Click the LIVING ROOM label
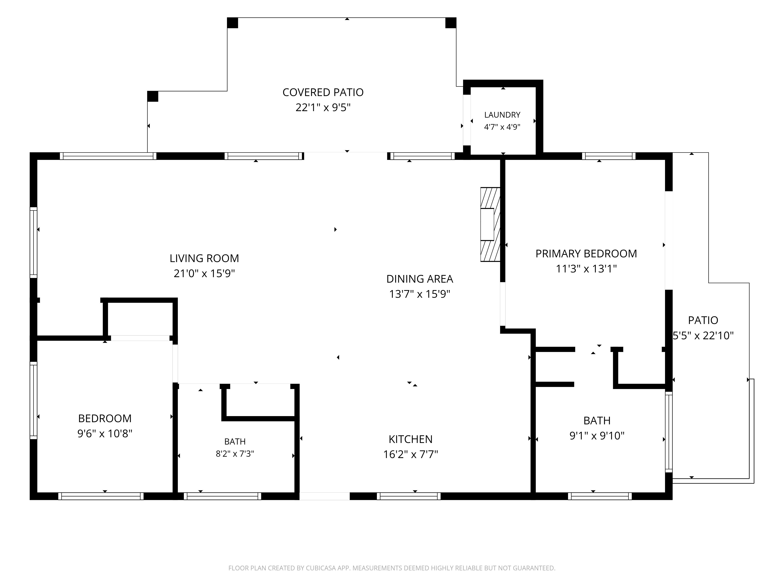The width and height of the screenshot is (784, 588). (204, 258)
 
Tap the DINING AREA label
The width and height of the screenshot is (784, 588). (420, 279)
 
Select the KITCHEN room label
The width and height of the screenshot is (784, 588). (410, 439)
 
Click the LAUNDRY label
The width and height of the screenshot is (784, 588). (502, 115)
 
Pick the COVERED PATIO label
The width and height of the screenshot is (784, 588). (323, 92)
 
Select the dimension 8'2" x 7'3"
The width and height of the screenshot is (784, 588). (235, 454)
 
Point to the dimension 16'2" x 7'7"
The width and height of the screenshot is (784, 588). (410, 454)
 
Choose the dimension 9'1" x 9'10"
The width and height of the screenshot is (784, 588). (597, 436)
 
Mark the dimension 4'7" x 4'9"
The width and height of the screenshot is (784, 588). (502, 127)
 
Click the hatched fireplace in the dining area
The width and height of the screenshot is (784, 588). (490, 224)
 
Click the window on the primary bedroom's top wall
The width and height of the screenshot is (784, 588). (609, 156)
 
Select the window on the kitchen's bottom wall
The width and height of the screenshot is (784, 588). (409, 496)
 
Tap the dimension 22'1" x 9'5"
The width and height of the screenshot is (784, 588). (323, 107)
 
